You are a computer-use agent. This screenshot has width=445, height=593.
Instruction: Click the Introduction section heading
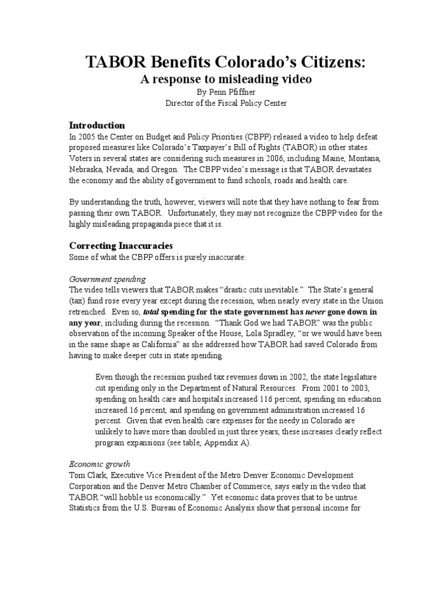[x=97, y=125]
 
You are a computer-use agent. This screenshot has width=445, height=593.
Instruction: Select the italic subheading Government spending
[x=107, y=278]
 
